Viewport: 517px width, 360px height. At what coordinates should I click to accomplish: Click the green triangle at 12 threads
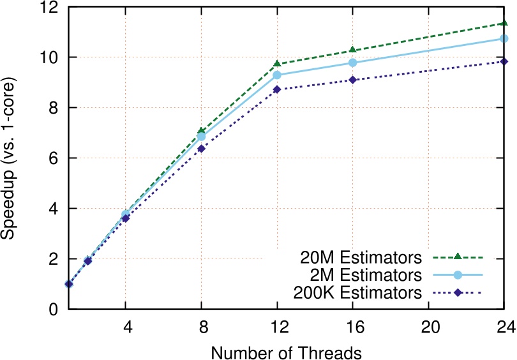277,64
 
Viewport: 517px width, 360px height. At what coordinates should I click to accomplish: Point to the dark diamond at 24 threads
504,61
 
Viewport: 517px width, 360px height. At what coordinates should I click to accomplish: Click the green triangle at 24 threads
504,23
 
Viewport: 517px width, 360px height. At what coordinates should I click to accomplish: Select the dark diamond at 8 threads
201,149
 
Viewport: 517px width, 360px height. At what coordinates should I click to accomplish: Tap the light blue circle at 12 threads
277,75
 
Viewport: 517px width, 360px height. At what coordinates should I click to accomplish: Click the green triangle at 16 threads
353,50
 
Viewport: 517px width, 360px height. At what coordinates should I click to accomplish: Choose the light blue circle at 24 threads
504,38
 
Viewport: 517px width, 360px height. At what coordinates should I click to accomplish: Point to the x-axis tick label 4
126,326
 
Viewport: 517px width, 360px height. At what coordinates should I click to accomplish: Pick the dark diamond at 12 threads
277,89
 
